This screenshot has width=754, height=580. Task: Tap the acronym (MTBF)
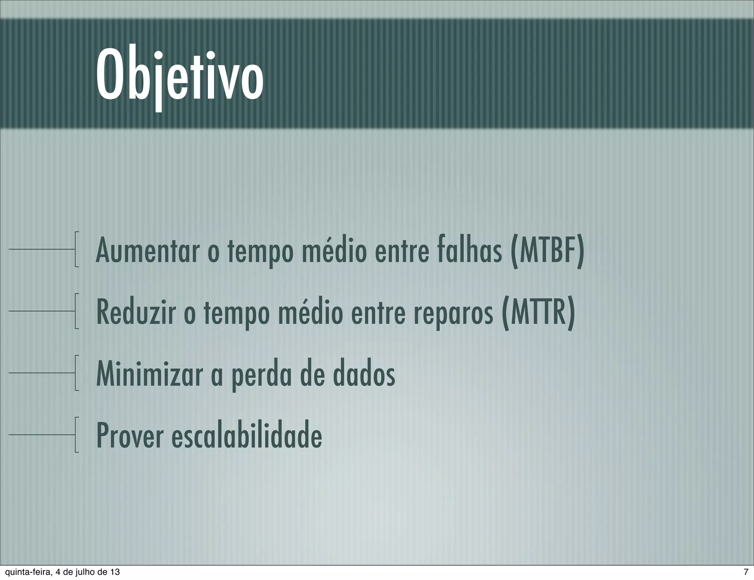pos(547,251)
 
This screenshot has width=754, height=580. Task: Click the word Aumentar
pos(147,251)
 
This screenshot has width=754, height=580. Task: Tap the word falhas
pos(470,251)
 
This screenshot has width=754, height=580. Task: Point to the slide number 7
pos(746,572)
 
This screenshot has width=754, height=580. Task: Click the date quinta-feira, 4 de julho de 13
pos(61,572)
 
